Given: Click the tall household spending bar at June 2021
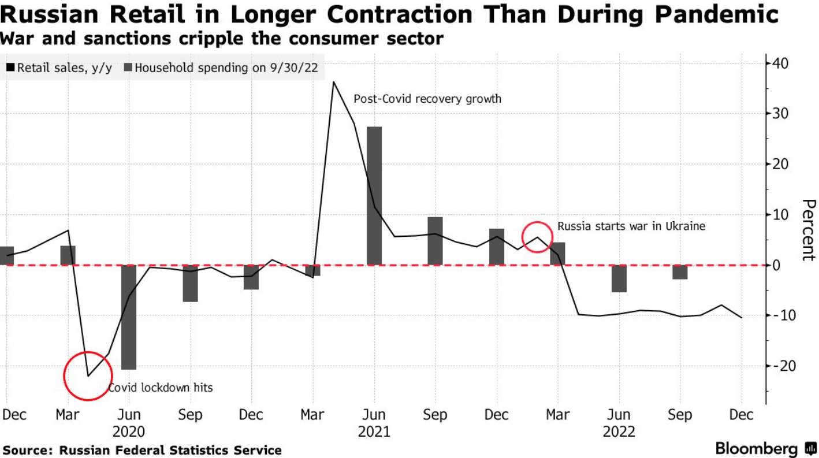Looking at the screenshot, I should coord(374,195).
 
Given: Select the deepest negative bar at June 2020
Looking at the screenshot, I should coord(129,317).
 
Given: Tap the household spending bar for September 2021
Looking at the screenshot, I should coord(435,241).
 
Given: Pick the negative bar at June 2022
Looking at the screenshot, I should coord(619,278).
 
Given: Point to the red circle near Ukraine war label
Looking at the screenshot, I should coord(537,237).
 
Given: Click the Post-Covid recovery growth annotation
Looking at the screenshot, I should coord(427,99).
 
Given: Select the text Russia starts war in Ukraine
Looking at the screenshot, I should coord(631,226).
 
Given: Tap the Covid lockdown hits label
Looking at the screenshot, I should coord(161,387).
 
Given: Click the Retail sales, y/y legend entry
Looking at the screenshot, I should coord(59,68).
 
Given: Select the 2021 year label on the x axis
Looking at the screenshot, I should coord(374,431).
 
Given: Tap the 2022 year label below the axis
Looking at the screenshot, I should coord(619,431).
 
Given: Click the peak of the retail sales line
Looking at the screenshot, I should coord(333,82).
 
